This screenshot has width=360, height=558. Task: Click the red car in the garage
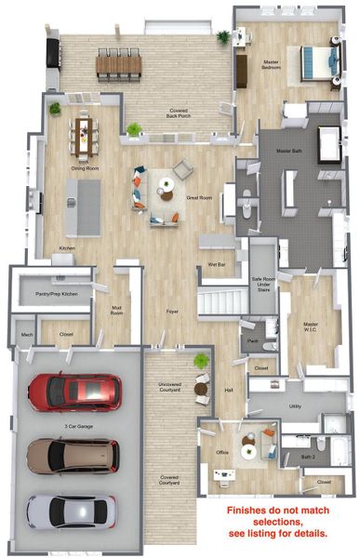pyautogui.click(x=73, y=392)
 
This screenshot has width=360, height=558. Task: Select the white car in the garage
pyautogui.click(x=72, y=511)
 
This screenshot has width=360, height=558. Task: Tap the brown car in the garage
pyautogui.click(x=72, y=455)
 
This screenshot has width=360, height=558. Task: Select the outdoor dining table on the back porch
pyautogui.click(x=118, y=63)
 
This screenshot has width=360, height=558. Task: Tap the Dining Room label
pyautogui.click(x=86, y=168)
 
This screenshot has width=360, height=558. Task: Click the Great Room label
pyautogui.click(x=200, y=198)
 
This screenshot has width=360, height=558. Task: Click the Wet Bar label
pyautogui.click(x=217, y=265)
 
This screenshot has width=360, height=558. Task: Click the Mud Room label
pyautogui.click(x=119, y=312)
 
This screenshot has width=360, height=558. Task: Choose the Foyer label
pyautogui.click(x=172, y=312)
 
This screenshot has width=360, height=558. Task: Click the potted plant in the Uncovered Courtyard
pyautogui.click(x=200, y=361)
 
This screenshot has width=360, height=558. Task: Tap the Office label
pyautogui.click(x=222, y=453)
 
